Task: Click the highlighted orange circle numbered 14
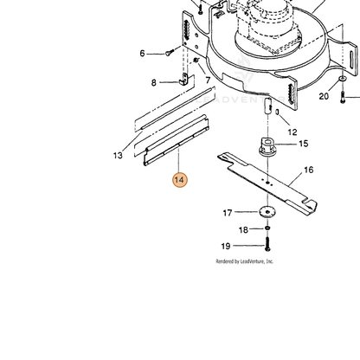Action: click(180, 180)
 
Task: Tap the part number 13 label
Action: click(118, 156)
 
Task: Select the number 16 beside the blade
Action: click(308, 170)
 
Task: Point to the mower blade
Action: click(267, 183)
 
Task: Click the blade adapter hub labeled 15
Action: click(267, 147)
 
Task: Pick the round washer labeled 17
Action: click(267, 212)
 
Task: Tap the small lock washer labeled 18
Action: click(267, 228)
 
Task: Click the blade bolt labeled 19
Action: click(267, 244)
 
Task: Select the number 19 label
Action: click(226, 246)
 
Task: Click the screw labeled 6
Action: click(170, 53)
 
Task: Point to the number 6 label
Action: click(142, 54)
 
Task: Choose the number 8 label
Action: click(154, 83)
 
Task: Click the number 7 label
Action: click(208, 80)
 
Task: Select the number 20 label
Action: click(324, 96)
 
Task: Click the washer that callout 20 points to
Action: click(343, 79)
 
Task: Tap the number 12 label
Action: click(292, 132)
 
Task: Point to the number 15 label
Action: click(304, 144)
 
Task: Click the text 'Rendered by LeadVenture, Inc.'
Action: click(245, 261)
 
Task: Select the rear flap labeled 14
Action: click(177, 140)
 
